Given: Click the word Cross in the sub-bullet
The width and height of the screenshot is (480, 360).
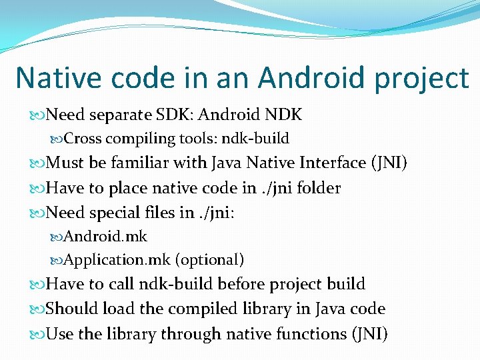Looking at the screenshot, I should coord(83,139).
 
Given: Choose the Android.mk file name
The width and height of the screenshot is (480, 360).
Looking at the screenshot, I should coord(105,236).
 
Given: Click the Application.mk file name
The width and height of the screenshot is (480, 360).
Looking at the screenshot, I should coord(118,260).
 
